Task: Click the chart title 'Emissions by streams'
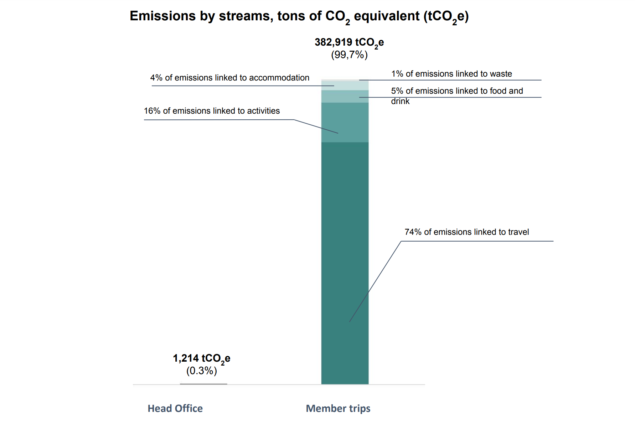tap(299, 16)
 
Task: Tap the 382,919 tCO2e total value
tap(349, 42)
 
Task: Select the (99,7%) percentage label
tap(349, 55)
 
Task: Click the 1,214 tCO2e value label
tap(201, 358)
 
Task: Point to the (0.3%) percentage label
tap(201, 371)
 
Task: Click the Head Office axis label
tap(175, 408)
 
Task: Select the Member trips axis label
tap(338, 408)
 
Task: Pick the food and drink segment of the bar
tap(345, 97)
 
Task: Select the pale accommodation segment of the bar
tap(345, 86)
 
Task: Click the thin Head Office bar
tap(203, 384)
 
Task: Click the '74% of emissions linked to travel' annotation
tap(466, 232)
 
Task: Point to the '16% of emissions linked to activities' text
tap(212, 111)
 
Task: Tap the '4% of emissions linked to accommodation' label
tap(229, 78)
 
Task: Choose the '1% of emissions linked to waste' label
tap(451, 74)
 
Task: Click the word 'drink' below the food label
tap(400, 101)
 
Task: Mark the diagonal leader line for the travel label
tap(375, 281)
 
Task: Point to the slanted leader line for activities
tap(316, 126)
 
